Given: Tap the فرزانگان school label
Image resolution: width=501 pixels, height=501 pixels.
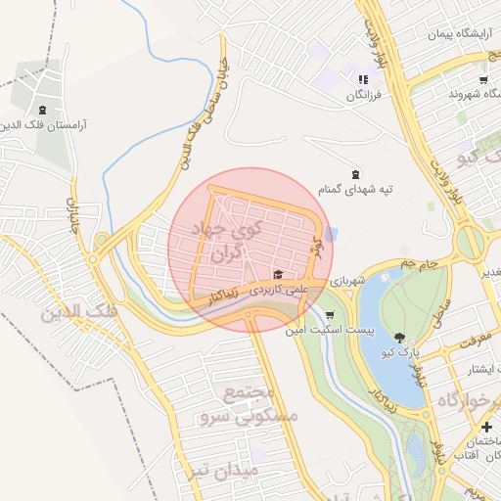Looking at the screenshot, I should (363, 96).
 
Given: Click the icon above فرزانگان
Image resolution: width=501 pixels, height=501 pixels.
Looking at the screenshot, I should (363, 79).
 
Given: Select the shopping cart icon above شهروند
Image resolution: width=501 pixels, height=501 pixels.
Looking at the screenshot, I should (483, 79).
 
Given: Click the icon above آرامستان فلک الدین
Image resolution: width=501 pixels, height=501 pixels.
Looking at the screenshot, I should (41, 110).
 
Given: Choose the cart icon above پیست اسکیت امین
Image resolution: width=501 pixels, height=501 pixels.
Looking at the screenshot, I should (329, 315).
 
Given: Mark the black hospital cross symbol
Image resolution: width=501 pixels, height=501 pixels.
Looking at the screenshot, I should (486, 428).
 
